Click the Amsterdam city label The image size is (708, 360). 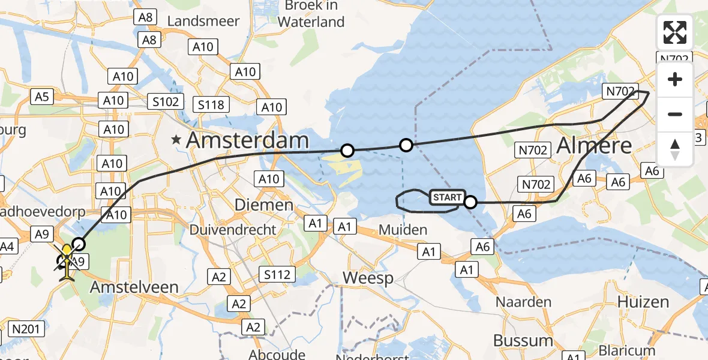tap(247, 141)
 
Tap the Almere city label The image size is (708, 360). tap(595, 146)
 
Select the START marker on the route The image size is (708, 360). tap(448, 197)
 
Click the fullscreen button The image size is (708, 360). tap(675, 32)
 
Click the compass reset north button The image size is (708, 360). tap(675, 149)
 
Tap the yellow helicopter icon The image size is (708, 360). tap(67, 263)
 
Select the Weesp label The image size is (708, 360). tap(368, 278)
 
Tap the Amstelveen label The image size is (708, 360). tap(134, 287)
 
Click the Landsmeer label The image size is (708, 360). tap(203, 21)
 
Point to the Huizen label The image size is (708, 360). tap(644, 302)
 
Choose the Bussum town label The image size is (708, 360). tap(523, 340)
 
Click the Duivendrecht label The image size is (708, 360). tap(233, 230)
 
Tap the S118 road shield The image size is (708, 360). tap(211, 105)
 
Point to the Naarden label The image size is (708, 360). tap(523, 302)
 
